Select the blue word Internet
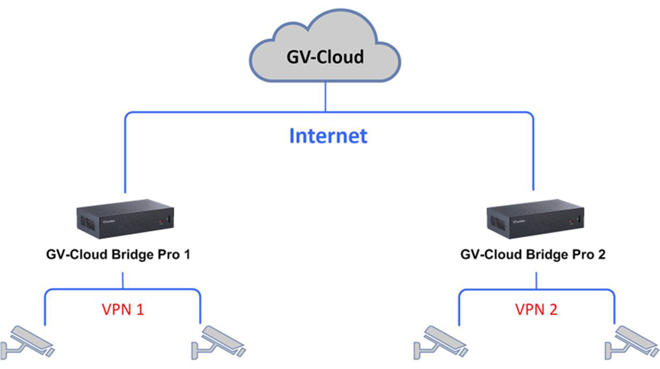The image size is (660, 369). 328,136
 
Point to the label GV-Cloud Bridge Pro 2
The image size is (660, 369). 533,255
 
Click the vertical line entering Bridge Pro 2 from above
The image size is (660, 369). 532,160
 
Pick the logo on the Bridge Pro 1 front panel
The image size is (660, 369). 111,223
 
